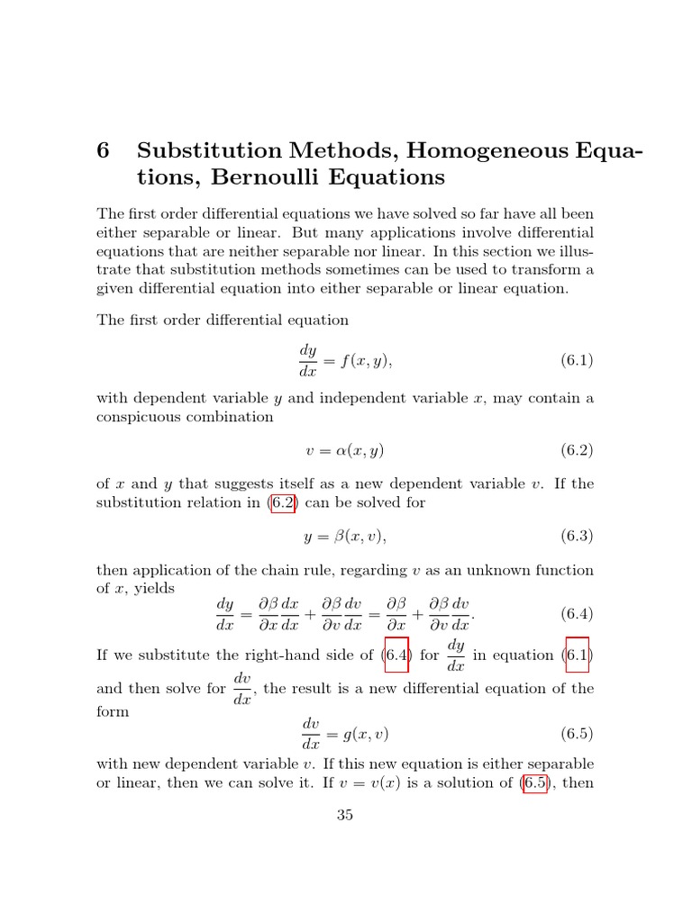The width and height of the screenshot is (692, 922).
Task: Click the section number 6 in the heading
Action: tap(103, 151)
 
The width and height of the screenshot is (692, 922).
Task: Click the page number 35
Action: tap(345, 816)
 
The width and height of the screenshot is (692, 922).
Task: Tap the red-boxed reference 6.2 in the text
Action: tap(283, 502)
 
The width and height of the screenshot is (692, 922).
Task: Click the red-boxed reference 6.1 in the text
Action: tap(576, 655)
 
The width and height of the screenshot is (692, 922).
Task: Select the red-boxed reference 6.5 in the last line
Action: tap(535, 782)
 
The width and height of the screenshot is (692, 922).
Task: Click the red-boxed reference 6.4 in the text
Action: tap(396, 655)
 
